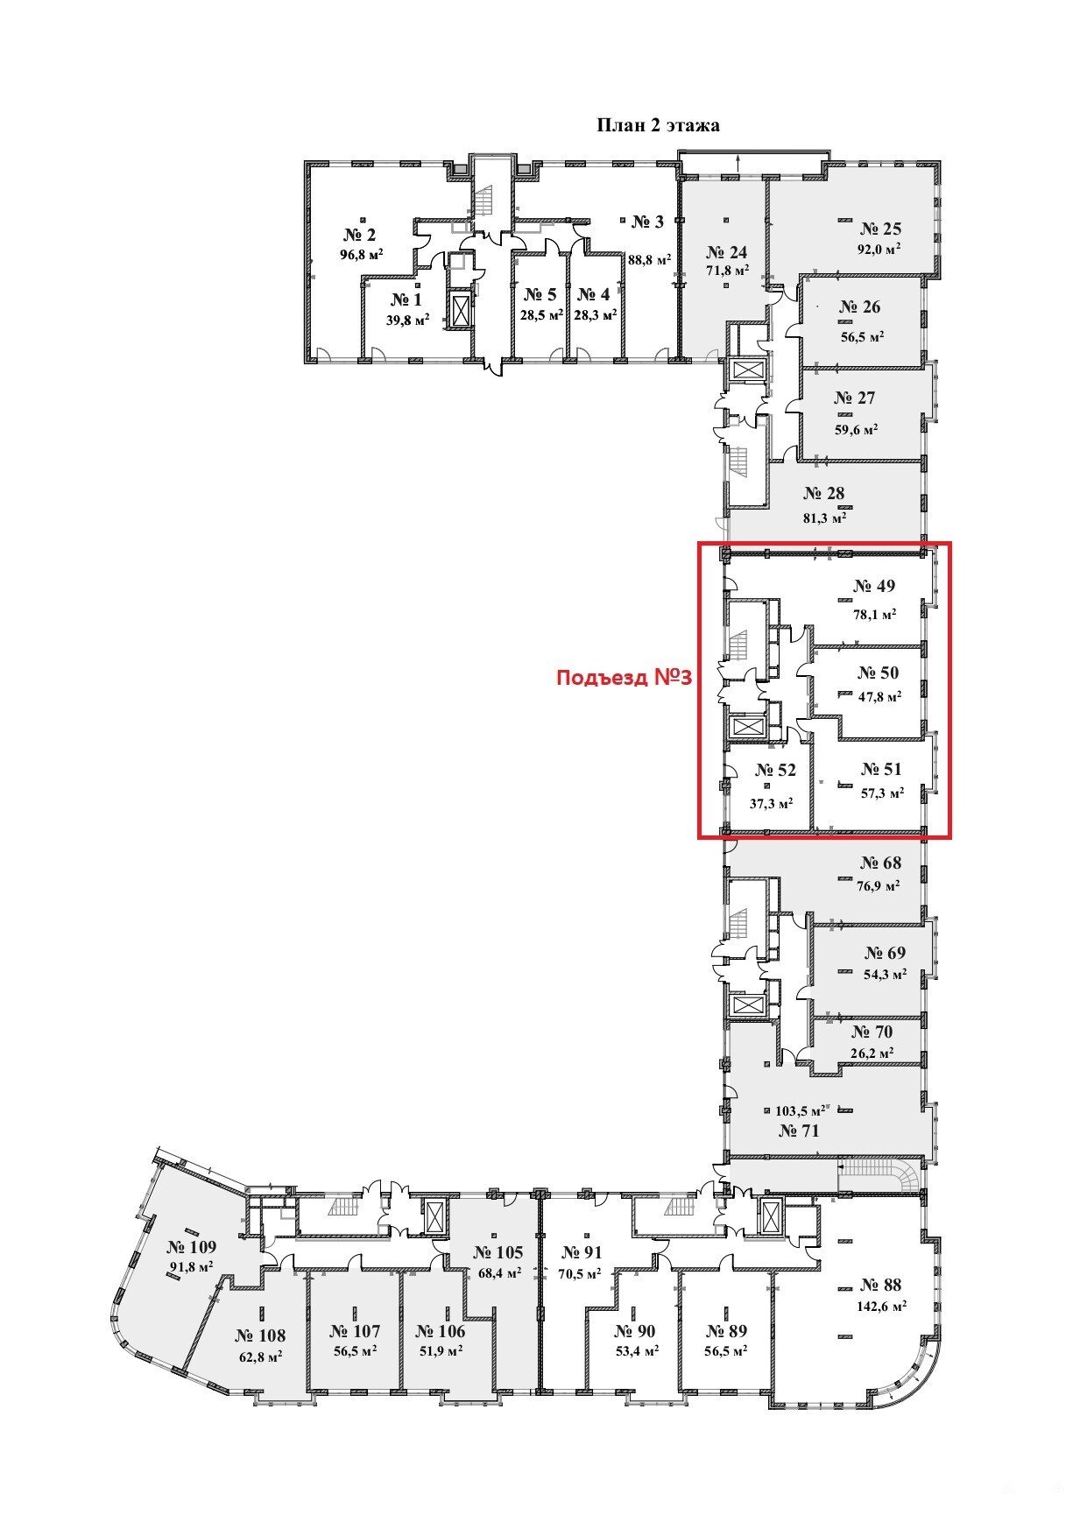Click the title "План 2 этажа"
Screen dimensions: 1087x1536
pyautogui.click(x=658, y=125)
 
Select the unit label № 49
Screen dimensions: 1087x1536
pyautogui.click(x=874, y=586)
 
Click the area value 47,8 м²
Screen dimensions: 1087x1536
pyautogui.click(x=879, y=697)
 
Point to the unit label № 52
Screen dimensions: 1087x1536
pyautogui.click(x=774, y=770)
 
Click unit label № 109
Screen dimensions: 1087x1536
pyautogui.click(x=191, y=1247)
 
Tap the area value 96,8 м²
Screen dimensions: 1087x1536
pyautogui.click(x=362, y=256)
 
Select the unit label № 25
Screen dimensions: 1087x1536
pyautogui.click(x=880, y=229)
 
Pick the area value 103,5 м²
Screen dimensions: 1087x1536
pyautogui.click(x=801, y=1111)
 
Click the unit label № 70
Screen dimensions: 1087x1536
pyautogui.click(x=872, y=1032)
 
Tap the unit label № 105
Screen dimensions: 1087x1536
pyautogui.click(x=498, y=1252)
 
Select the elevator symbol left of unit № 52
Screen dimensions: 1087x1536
pyautogui.click(x=747, y=729)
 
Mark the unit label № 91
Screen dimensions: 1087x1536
pyautogui.click(x=582, y=1252)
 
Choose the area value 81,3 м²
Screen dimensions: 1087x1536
pyautogui.click(x=824, y=518)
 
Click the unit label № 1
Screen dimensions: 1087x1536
pyautogui.click(x=406, y=299)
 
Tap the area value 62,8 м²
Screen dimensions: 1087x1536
pyautogui.click(x=259, y=1356)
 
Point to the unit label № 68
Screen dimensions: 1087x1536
pyautogui.click(x=880, y=863)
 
